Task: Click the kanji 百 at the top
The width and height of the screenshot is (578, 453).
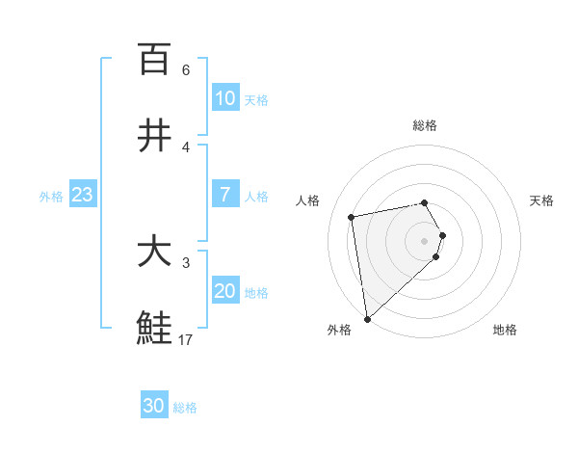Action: tap(154, 59)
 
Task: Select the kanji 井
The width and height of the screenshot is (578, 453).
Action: tap(154, 136)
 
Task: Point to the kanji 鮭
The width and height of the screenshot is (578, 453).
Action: tap(154, 329)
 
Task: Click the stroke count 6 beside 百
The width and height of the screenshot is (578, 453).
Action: tap(186, 69)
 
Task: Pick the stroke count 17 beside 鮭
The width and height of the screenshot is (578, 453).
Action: tap(186, 339)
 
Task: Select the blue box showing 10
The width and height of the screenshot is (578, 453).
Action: tap(225, 98)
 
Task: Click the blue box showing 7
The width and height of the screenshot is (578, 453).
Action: tap(225, 195)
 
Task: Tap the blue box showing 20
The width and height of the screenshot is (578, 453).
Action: tap(225, 291)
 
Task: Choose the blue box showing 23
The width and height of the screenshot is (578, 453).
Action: tap(83, 195)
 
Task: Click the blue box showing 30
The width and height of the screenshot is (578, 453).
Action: tap(154, 407)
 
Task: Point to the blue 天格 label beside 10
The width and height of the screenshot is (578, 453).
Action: tap(256, 99)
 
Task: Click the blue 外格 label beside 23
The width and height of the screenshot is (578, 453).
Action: tap(51, 196)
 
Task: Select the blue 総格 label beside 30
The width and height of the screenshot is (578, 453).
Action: tap(185, 408)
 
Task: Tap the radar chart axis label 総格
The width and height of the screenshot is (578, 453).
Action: tap(425, 125)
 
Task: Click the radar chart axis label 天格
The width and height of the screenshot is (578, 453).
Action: tap(542, 200)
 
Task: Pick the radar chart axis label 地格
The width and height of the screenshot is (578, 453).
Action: tap(505, 331)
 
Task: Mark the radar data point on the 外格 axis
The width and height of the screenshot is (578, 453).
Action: tap(367, 318)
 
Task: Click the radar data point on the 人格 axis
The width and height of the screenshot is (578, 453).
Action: tap(352, 216)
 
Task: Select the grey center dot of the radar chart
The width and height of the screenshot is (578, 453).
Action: tap(425, 240)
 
